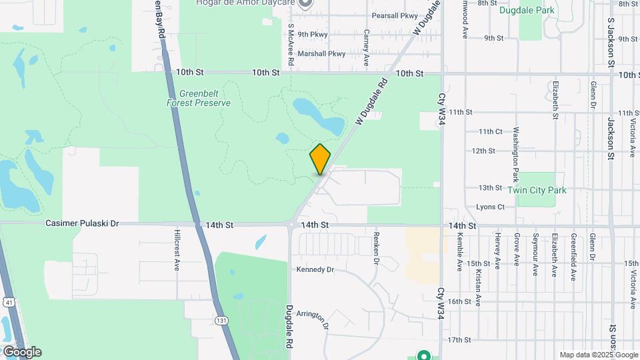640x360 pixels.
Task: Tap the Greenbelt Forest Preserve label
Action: (199, 99)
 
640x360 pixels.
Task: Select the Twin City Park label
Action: (537, 190)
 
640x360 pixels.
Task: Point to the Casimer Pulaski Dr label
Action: (83, 224)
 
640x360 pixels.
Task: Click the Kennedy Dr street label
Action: (315, 269)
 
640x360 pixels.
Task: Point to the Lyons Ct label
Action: (490, 207)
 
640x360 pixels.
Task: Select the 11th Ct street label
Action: (490, 131)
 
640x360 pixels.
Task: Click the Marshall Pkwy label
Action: (322, 53)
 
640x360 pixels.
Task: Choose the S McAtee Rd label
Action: (291, 45)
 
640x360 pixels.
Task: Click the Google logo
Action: (21, 352)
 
